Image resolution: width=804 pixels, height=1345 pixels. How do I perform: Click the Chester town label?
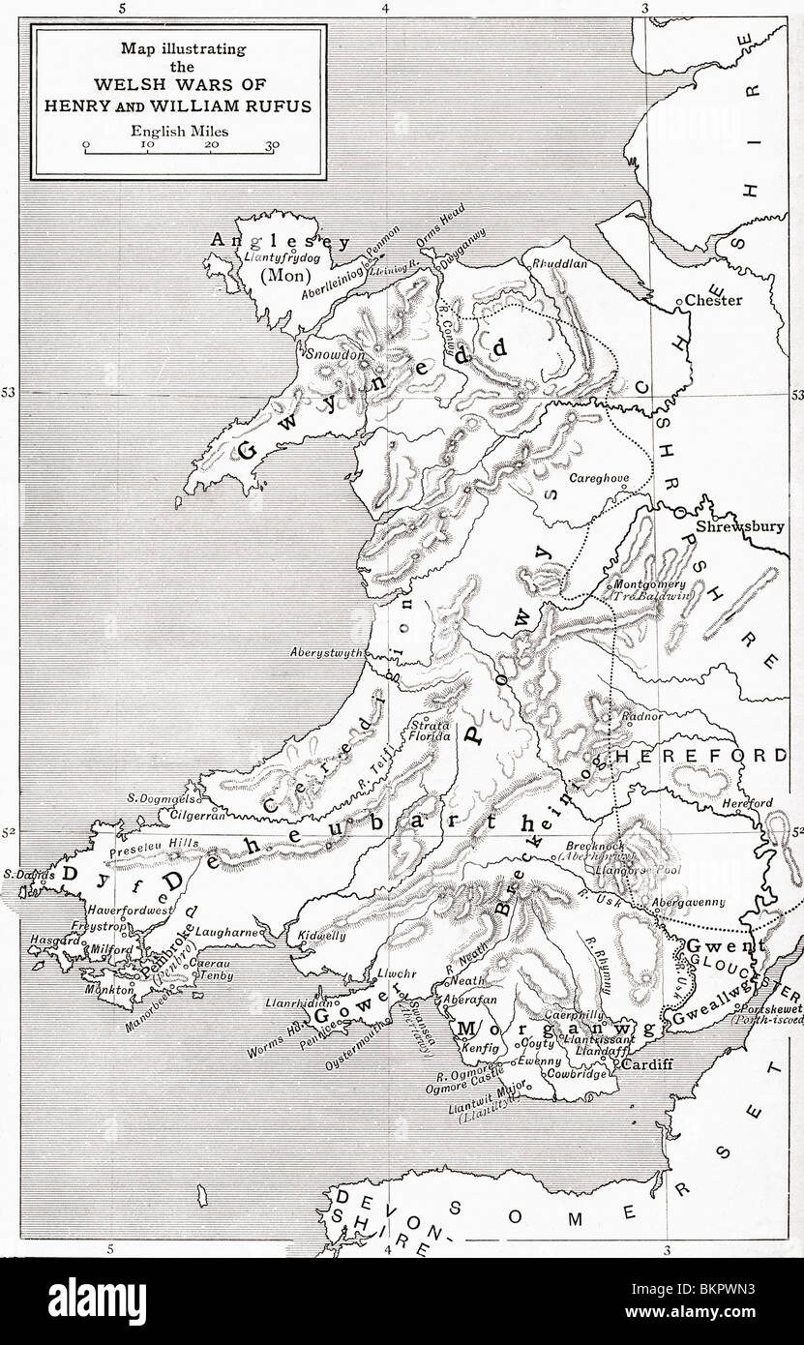[715, 300]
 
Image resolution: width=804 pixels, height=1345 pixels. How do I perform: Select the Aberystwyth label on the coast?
[326, 652]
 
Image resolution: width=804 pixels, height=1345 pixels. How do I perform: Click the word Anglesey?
[255, 241]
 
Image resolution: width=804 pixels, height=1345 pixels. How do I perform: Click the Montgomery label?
[650, 584]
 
